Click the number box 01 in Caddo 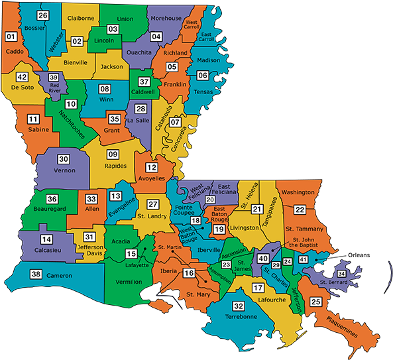pos(11,36)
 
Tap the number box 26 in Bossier pos(42,15)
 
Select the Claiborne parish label pos(81,19)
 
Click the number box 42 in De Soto pos(22,77)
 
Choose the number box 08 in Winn pos(105,89)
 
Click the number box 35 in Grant pos(113,119)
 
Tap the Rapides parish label pos(116,166)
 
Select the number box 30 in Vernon pos(64,159)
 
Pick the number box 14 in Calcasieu pos(46,239)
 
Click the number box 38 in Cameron pos(36,274)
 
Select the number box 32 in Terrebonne pos(239,306)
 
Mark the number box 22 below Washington pos(300,210)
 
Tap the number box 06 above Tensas pos(203,76)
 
